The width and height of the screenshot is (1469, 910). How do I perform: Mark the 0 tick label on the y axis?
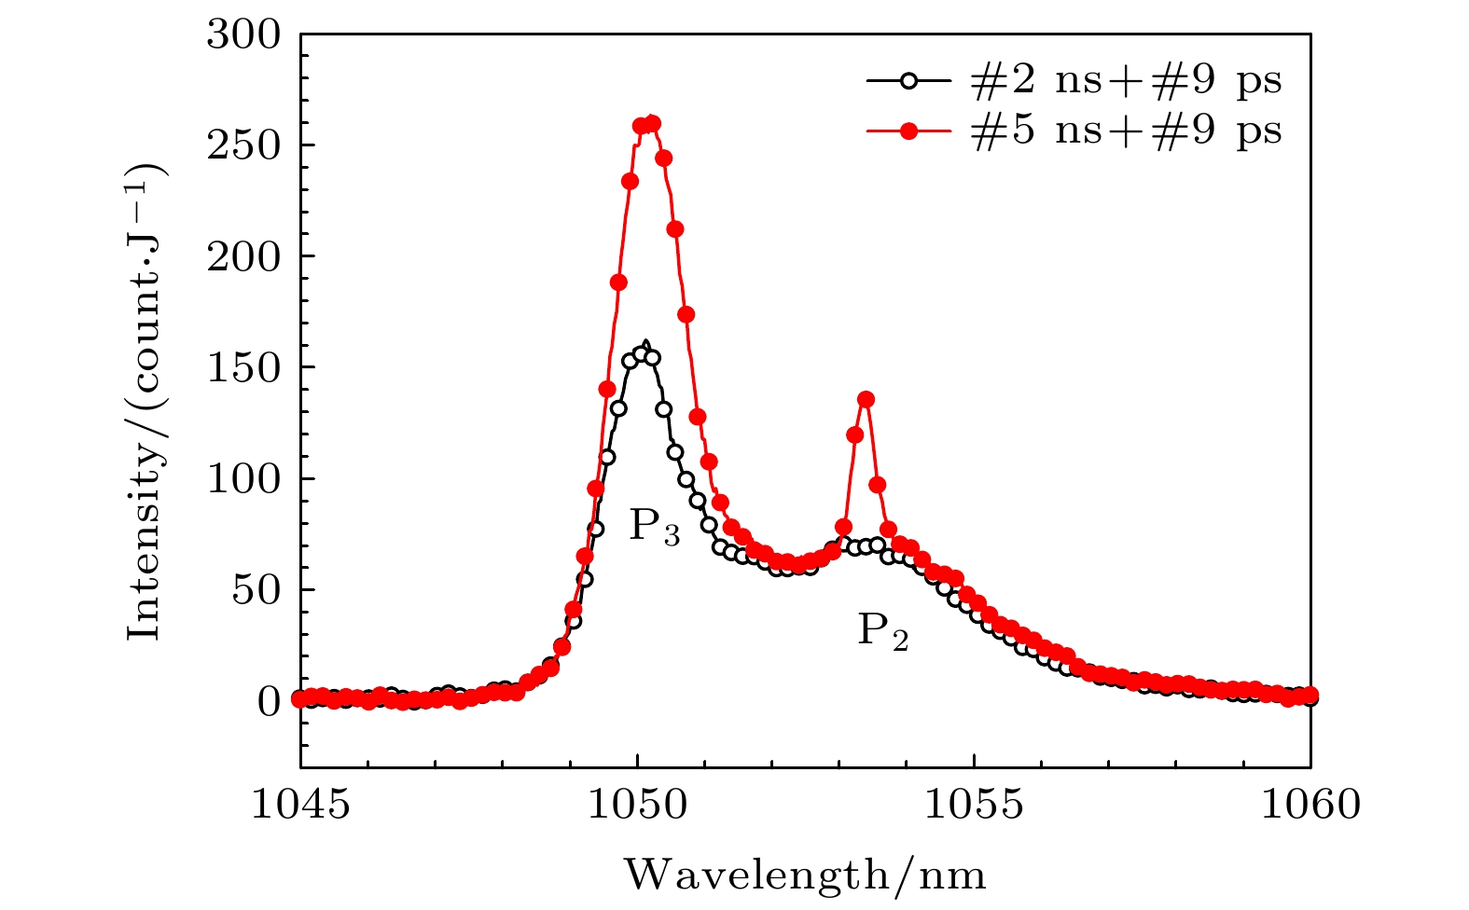pos(268,701)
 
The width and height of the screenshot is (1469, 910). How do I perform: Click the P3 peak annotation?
pos(654,527)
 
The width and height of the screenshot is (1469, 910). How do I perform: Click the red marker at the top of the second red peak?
pos(866,400)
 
